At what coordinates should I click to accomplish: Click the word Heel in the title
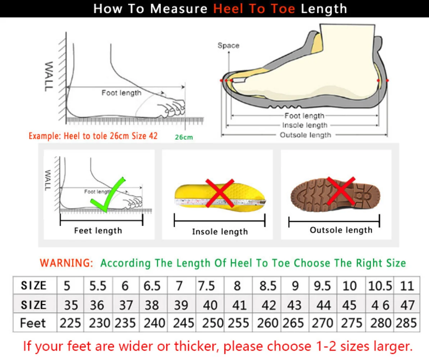(x=229, y=9)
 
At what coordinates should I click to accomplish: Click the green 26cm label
(x=184, y=137)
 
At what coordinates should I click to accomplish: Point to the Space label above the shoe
(x=228, y=45)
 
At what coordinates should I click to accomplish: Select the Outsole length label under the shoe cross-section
(x=305, y=135)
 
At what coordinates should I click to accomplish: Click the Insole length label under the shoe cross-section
(x=305, y=125)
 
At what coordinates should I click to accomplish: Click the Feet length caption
(x=98, y=231)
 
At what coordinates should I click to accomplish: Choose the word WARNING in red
(x=66, y=263)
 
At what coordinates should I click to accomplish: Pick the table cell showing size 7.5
(x=207, y=286)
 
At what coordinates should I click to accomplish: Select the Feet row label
(x=33, y=323)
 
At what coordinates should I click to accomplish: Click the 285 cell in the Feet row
(x=406, y=323)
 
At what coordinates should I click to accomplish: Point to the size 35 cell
(x=71, y=305)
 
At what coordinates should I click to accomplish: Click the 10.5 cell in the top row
(x=380, y=286)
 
